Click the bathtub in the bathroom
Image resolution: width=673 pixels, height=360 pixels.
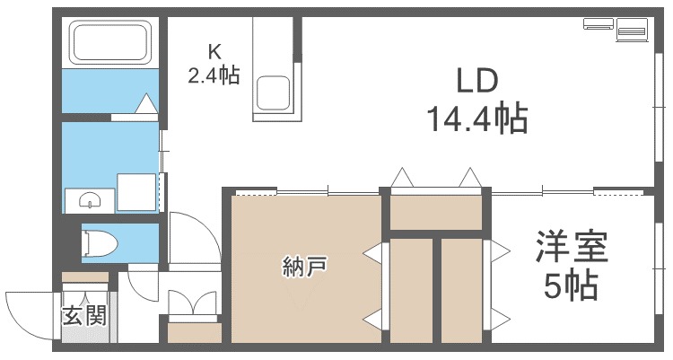(x=111, y=41)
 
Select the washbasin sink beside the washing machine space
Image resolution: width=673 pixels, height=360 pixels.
(x=90, y=200)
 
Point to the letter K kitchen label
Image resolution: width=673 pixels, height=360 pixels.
(x=214, y=52)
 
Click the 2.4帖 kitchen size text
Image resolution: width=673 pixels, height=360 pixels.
(x=214, y=75)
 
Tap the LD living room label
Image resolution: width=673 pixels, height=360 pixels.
(x=476, y=81)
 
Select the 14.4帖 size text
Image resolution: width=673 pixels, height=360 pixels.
(x=477, y=118)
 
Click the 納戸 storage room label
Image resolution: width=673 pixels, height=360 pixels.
(x=304, y=267)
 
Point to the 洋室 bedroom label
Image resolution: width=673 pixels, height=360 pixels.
(x=572, y=247)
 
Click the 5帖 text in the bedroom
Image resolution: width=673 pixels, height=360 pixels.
(x=572, y=285)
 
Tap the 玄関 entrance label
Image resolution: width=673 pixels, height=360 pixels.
(x=84, y=317)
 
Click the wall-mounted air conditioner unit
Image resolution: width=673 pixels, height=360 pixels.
(x=599, y=23)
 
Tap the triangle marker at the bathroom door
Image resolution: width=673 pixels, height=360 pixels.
(x=146, y=103)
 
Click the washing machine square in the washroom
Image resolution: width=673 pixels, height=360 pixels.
(x=136, y=192)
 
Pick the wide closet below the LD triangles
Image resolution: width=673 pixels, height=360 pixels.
(x=435, y=213)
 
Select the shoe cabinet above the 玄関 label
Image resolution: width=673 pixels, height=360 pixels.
(x=85, y=277)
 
